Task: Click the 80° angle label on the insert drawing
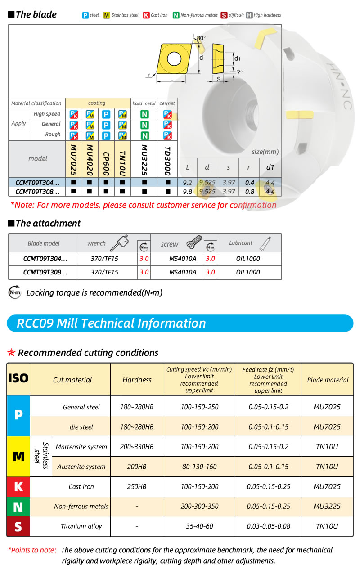pos(201,38)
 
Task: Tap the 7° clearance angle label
pos(239,72)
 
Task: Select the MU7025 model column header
pos(74,159)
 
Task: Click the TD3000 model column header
pos(167,159)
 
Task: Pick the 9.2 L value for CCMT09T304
pos(188,183)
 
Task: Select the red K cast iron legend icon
pos(146,15)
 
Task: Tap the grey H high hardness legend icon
pos(249,15)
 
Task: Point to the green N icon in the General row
pos(144,125)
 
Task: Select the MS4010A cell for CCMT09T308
pos(183,272)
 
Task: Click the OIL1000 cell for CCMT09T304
pos(248,259)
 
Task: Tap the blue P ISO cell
pos(18,415)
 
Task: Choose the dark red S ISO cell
pos(18,526)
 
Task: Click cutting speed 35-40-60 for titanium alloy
pos(199,526)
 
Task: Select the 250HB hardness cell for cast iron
pos(137,487)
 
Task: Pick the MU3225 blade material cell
pos(327,507)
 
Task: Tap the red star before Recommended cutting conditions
pos(12,353)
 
